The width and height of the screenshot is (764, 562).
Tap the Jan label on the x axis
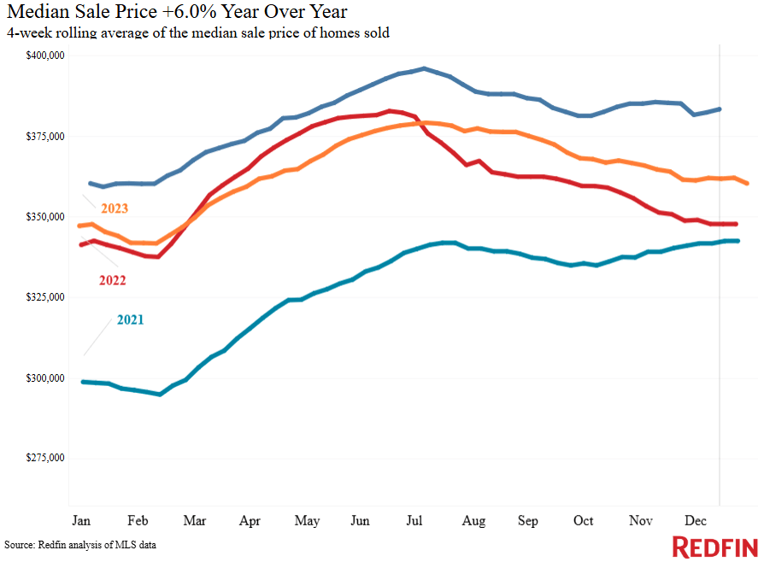pyautogui.click(x=82, y=520)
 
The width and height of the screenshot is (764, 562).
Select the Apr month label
pyautogui.click(x=250, y=520)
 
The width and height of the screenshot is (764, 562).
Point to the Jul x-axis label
pyautogui.click(x=417, y=520)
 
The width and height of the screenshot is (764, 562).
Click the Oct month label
pyautogui.click(x=584, y=520)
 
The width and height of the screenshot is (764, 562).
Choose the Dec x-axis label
pyautogui.click(x=694, y=520)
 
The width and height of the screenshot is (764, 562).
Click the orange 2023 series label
pyautogui.click(x=115, y=208)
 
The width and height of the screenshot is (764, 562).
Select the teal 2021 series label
pyautogui.click(x=130, y=320)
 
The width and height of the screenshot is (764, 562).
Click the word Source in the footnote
pyautogui.click(x=19, y=544)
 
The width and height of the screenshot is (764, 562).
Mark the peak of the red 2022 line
pyautogui.click(x=390, y=111)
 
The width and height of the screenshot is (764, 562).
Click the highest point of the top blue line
pyautogui.click(x=424, y=68)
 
